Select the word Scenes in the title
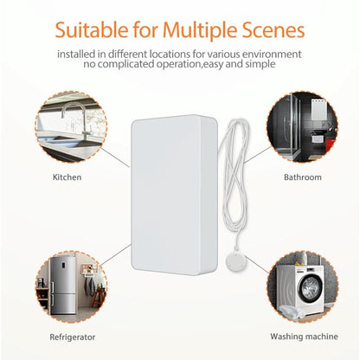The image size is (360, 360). pyautogui.click(x=273, y=30)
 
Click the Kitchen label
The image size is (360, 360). pyautogui.click(x=68, y=177)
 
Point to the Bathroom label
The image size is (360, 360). pyautogui.click(x=302, y=177)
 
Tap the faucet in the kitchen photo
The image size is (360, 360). pyautogui.click(x=73, y=117)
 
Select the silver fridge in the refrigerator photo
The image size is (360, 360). pyautogui.click(x=57, y=286)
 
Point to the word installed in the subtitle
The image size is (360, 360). pyautogui.click(x=76, y=55)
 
